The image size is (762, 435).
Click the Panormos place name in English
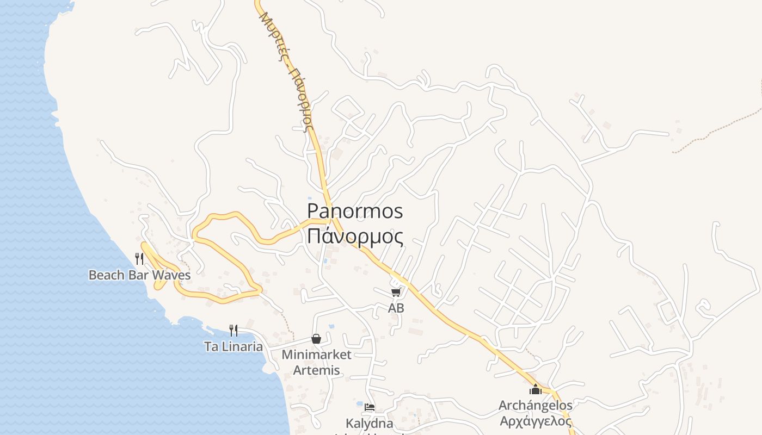pos(355,211)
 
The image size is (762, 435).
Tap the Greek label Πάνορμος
pos(355,237)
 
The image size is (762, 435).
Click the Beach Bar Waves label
pos(139,275)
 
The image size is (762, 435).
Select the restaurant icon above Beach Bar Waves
pos(139,258)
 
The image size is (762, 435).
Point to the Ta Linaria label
pos(233,346)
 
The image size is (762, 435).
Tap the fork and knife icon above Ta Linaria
pos(233,330)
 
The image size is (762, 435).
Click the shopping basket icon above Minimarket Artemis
pos(316,339)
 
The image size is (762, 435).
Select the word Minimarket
pos(316,355)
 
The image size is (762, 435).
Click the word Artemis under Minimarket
pos(316,371)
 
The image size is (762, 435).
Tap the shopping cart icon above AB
pos(396,292)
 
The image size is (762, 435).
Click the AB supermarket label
pos(396,308)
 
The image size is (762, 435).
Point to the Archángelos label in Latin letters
pos(536,406)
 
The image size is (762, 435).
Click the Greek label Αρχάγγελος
pos(536,421)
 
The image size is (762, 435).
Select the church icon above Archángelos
pos(536,389)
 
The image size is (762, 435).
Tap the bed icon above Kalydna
pos(370,407)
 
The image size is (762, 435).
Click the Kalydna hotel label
pos(370,423)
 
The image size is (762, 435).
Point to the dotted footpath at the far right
pos(718,129)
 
